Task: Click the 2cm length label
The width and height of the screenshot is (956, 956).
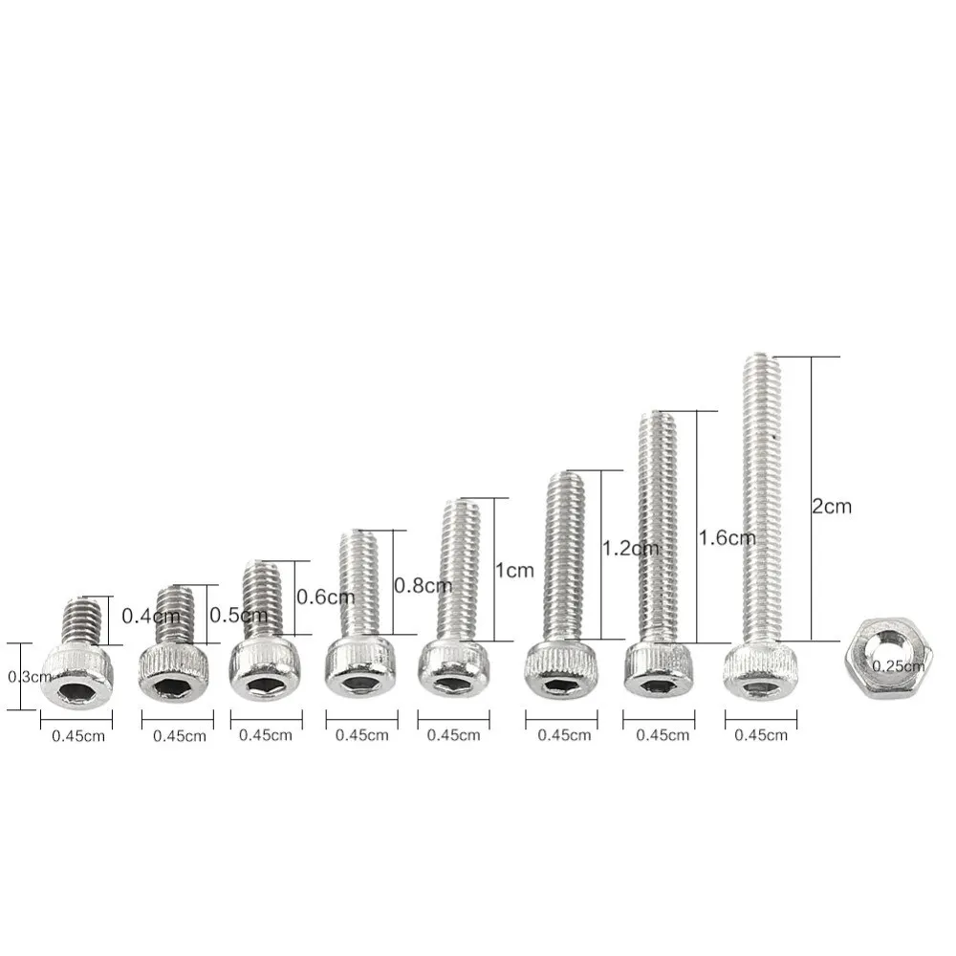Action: [x=831, y=506]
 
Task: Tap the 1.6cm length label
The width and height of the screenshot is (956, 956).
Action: [x=727, y=537]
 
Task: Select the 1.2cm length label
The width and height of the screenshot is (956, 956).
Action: [x=630, y=548]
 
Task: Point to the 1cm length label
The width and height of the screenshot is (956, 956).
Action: [x=514, y=571]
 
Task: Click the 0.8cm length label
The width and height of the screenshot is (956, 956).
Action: [x=424, y=585]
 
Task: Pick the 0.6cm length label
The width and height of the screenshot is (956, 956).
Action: [x=326, y=597]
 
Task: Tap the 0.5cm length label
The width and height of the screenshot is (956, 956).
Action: [x=238, y=615]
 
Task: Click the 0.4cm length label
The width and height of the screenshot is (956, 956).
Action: [x=151, y=616]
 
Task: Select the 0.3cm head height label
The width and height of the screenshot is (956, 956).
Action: [x=30, y=677]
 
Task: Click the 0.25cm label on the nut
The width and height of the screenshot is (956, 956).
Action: [x=898, y=666]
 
